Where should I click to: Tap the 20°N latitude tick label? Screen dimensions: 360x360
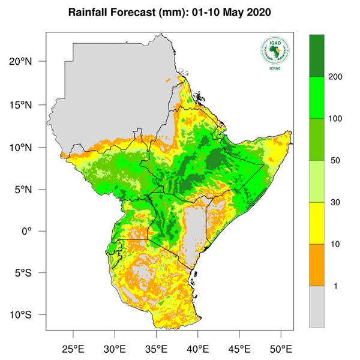pyautogui.click(x=28, y=61)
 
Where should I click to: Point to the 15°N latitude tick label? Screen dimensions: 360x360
pyautogui.click(x=28, y=105)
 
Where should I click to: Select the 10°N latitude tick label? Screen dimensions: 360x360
pyautogui.click(x=28, y=147)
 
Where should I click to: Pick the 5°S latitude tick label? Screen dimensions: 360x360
pyautogui.click(x=31, y=273)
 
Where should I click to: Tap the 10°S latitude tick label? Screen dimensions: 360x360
pyautogui.click(x=28, y=315)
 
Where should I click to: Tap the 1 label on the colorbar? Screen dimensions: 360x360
pyautogui.click(x=331, y=286)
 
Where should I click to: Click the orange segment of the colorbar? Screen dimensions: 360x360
pyautogui.click(x=317, y=265)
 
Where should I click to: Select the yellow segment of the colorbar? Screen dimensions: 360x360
pyautogui.click(x=317, y=223)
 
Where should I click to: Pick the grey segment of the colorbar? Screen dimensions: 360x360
pyautogui.click(x=317, y=306)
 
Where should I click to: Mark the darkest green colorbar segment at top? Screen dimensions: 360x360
pyautogui.click(x=317, y=55)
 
